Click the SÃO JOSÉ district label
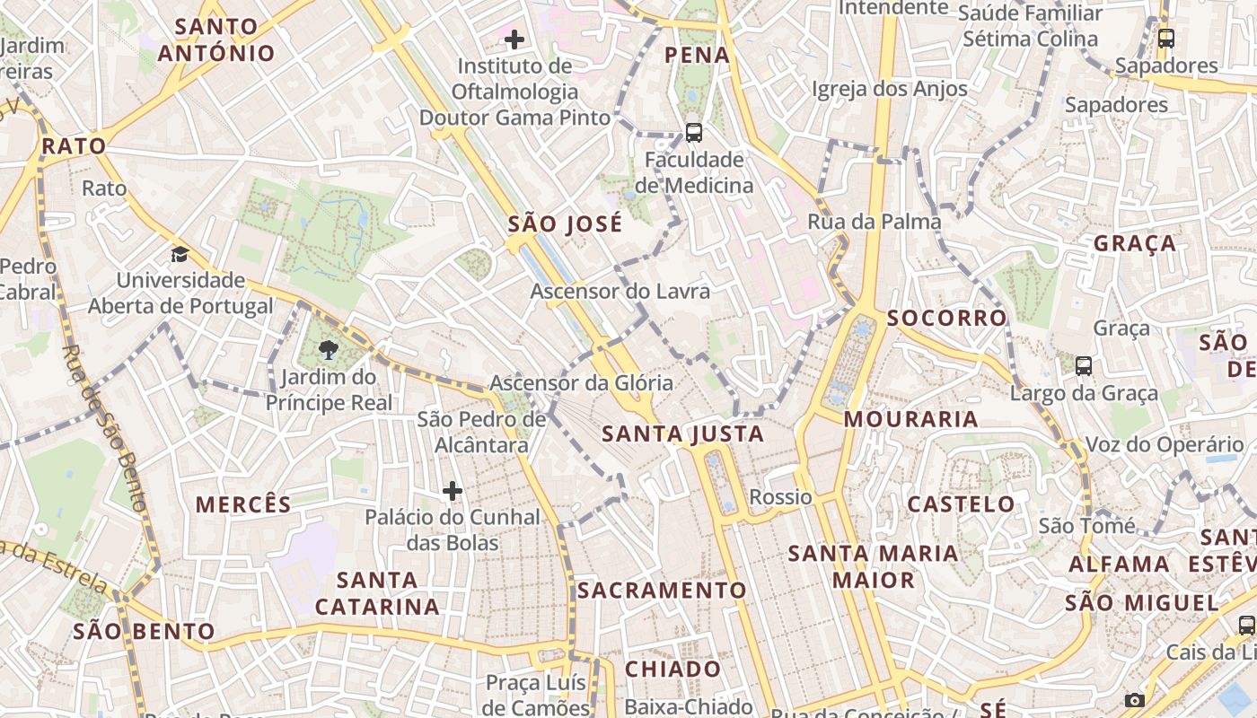click(565, 224)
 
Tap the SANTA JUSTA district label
click(682, 434)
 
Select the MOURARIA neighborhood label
click(910, 419)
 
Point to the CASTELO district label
click(961, 504)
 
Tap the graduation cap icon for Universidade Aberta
click(180, 254)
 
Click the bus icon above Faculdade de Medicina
click(693, 133)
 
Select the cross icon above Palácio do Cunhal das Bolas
click(453, 491)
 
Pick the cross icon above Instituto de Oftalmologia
click(514, 39)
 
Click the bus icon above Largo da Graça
click(1084, 366)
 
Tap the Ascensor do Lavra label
click(620, 292)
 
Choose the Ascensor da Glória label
click(581, 383)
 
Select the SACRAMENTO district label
click(662, 591)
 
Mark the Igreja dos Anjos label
click(889, 89)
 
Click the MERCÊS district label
click(244, 505)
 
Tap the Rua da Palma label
click(874, 222)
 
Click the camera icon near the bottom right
click(1135, 700)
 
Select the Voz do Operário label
click(1165, 445)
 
